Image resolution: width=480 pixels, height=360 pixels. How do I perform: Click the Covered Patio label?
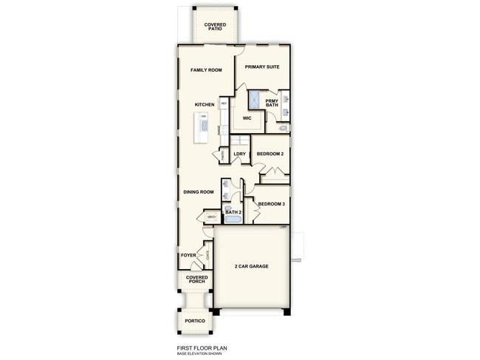(215, 27)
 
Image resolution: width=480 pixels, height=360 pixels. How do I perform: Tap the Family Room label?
(206, 70)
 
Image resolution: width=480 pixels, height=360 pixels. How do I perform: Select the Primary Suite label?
(262, 67)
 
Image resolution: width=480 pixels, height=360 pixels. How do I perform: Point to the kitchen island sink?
(204, 126)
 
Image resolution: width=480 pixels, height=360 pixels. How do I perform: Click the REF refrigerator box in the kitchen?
(224, 104)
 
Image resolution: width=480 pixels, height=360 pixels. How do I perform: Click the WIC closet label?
(247, 118)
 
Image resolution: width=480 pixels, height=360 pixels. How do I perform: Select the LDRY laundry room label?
(239, 154)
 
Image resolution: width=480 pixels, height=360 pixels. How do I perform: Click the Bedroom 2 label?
(270, 154)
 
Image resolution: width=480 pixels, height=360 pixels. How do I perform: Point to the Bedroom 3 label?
(271, 203)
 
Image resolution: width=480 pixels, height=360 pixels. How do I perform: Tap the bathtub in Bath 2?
(233, 220)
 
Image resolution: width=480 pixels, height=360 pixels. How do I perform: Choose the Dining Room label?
(199, 192)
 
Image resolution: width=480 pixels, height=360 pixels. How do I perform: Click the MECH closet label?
(211, 217)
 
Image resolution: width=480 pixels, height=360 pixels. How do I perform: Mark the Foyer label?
(188, 255)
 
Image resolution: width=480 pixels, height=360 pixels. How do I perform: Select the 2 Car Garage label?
(251, 265)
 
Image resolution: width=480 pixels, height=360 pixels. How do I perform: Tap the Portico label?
(195, 321)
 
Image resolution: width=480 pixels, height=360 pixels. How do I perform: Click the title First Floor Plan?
(201, 348)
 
